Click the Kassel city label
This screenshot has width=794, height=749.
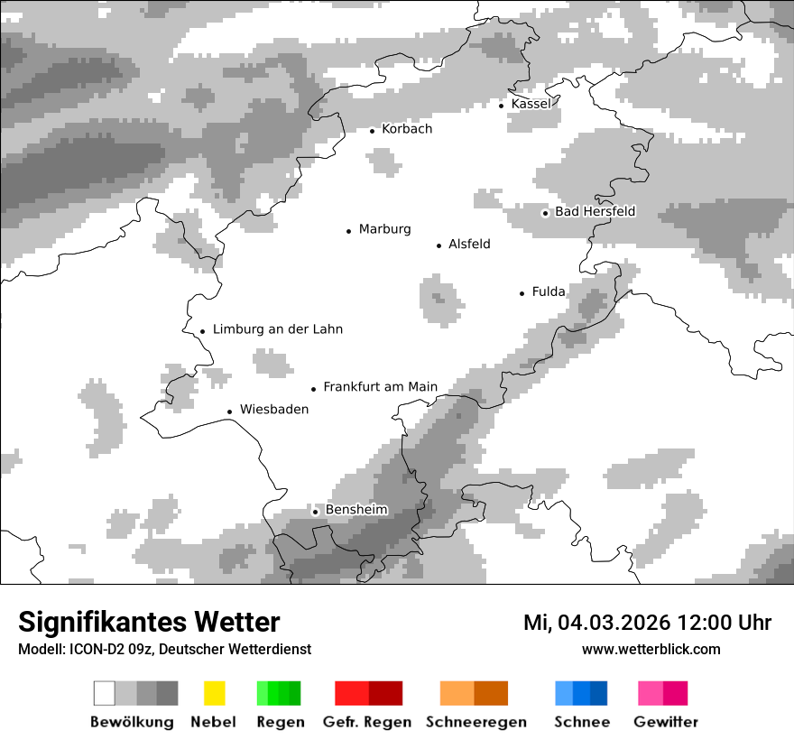point(531,104)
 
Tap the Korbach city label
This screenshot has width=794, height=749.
point(407,129)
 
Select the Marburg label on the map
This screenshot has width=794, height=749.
point(384,229)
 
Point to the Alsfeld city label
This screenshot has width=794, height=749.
point(469,245)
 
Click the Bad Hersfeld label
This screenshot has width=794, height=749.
point(595,212)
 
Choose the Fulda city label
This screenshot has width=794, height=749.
point(549,291)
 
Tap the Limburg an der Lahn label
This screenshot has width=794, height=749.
point(277,329)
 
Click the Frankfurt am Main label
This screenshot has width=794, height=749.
point(380,387)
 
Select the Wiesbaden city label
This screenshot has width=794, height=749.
point(273,410)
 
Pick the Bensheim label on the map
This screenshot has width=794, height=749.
point(356,510)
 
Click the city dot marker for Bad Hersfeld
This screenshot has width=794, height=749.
point(545,213)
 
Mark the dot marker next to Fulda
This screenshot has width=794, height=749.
point(522,293)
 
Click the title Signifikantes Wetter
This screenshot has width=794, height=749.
point(149,622)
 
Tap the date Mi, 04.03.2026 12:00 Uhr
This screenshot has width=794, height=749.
point(647,623)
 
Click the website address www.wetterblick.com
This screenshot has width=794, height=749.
point(651,649)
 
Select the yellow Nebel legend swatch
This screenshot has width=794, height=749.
point(214,693)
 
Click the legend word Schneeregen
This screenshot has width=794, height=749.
point(475,722)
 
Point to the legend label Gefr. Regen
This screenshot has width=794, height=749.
point(366,722)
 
